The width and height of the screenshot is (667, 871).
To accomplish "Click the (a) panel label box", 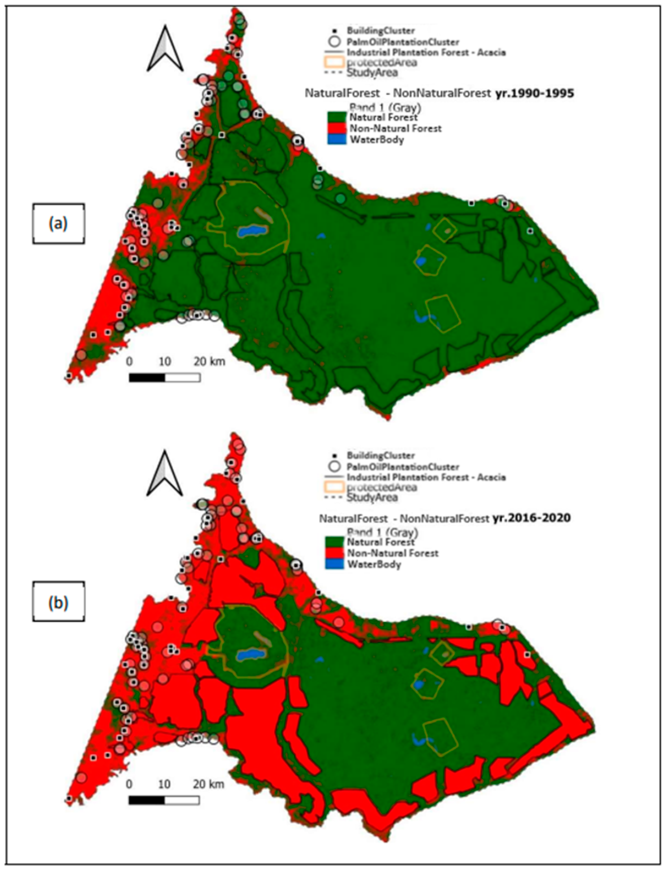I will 58,224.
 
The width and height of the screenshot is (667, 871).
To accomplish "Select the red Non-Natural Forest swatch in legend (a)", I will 337,128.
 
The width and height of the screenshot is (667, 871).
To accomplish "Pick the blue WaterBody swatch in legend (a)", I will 337,139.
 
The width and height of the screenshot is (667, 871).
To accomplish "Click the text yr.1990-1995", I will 535,93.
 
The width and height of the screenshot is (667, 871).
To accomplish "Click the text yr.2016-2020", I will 531,518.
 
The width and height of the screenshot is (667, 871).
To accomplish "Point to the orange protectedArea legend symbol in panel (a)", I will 334,62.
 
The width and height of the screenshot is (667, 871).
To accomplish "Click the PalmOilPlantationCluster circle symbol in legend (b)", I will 336,466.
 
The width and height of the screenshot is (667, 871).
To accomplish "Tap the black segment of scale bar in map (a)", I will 146,378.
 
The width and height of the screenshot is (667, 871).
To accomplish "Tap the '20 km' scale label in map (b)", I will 209,784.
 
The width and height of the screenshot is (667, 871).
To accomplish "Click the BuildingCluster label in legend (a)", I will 380,30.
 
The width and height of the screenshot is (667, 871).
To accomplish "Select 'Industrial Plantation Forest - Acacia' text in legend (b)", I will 426,477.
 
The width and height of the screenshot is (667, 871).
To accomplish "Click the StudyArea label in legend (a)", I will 372,73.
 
